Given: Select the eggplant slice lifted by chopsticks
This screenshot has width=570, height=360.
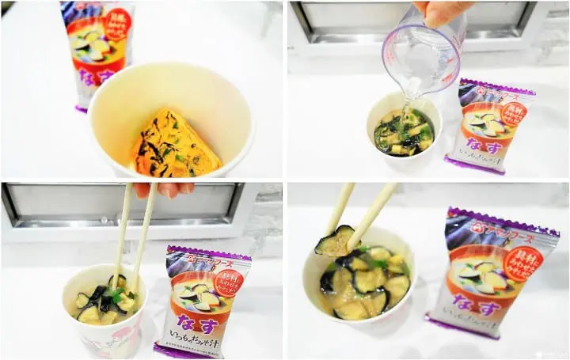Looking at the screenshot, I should pos(335,241).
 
